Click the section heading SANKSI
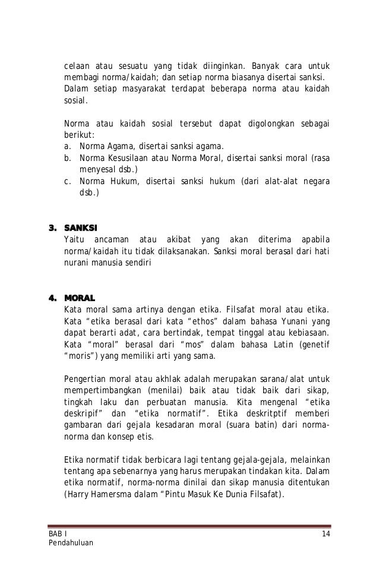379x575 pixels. [x=81, y=228]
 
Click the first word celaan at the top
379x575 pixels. [x=76, y=65]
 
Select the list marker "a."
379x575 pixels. [x=67, y=147]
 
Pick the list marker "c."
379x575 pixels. [x=67, y=181]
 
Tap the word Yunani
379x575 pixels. [x=297, y=321]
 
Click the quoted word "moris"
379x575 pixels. [x=78, y=356]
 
